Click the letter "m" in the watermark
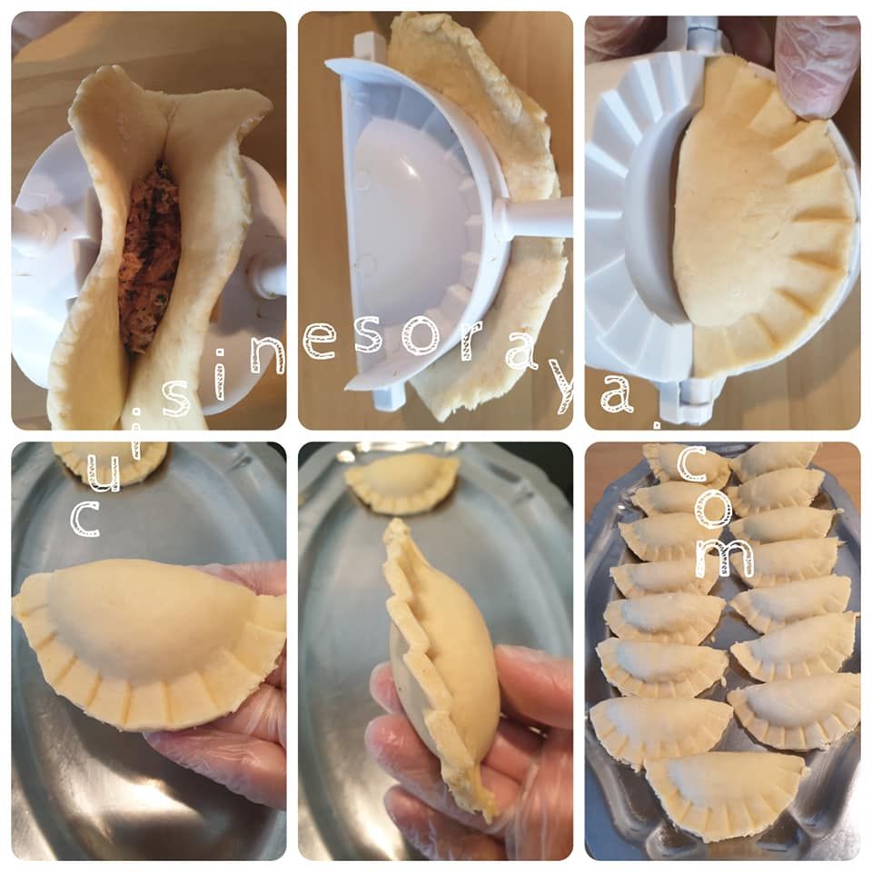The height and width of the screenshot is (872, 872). [x=725, y=558]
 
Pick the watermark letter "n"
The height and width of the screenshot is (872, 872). [x=267, y=353]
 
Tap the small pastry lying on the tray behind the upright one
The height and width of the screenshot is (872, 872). [x=401, y=482]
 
